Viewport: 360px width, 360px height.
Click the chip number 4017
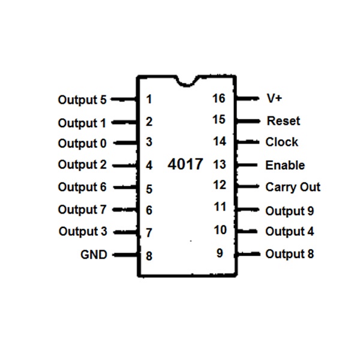pyautogui.click(x=186, y=164)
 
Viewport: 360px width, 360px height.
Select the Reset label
pyautogui.click(x=283, y=121)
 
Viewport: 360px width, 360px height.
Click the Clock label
pyautogui.click(x=281, y=142)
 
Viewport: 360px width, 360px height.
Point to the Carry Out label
pyautogui.click(x=293, y=187)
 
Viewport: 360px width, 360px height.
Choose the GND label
pyautogui.click(x=94, y=254)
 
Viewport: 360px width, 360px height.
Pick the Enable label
pyautogui.click(x=285, y=165)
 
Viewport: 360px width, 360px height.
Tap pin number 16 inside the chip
pyautogui.click(x=219, y=98)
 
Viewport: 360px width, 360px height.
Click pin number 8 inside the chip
pyautogui.click(x=149, y=256)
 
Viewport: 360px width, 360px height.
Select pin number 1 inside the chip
pyautogui.click(x=149, y=100)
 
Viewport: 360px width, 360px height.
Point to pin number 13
pyautogui.click(x=219, y=164)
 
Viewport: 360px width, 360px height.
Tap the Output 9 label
pyautogui.click(x=289, y=211)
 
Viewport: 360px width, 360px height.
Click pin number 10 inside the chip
pyautogui.click(x=220, y=230)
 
